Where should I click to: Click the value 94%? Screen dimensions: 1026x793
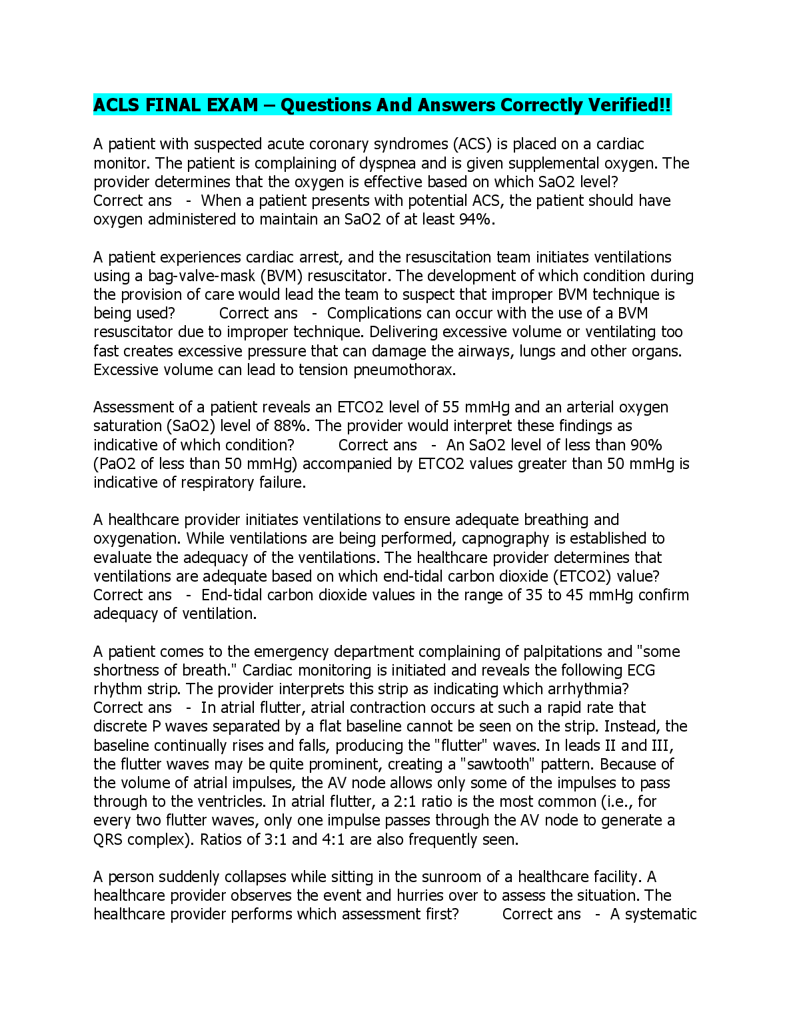(476, 219)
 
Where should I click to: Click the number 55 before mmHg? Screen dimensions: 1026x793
(450, 407)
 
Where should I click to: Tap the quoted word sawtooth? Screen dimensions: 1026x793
(508, 764)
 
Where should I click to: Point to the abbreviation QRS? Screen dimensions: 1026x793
(108, 839)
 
